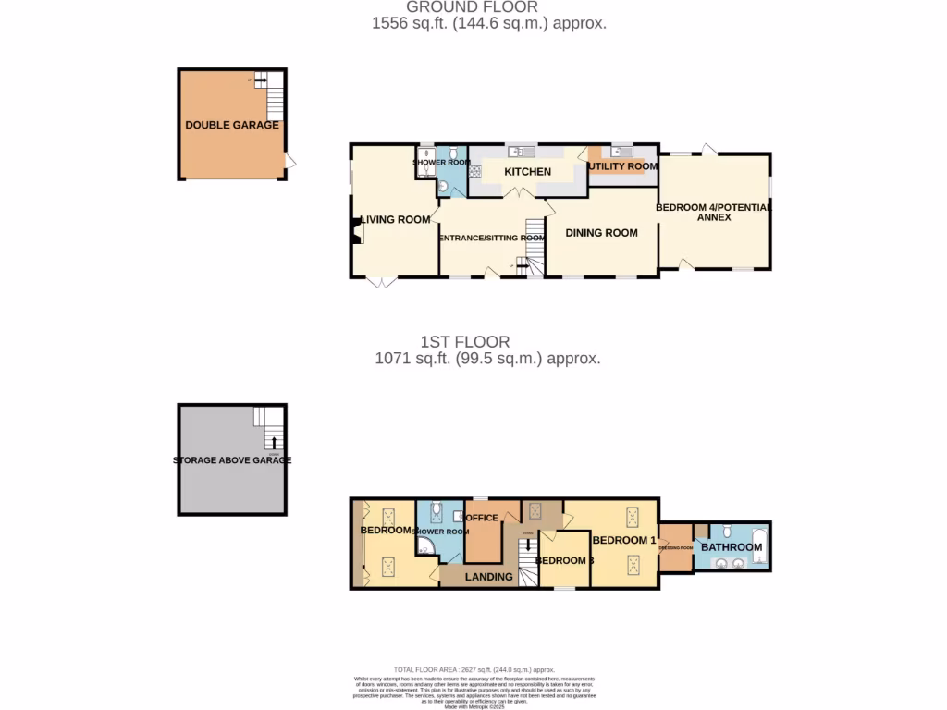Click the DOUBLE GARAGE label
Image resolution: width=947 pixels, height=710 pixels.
point(232,125)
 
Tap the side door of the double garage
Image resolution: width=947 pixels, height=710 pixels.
point(290,162)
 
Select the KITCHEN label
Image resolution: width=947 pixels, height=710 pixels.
point(527,172)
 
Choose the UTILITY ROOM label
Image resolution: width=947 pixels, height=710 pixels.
point(623,166)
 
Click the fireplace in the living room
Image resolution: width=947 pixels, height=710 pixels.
point(356,231)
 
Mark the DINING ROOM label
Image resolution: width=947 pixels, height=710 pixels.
point(602,233)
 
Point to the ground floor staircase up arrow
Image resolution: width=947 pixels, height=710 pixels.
point(521,265)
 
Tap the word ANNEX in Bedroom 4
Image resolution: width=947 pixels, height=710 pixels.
point(714,218)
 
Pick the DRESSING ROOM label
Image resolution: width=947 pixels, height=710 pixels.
point(675,548)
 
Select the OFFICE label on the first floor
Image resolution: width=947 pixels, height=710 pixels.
point(483,518)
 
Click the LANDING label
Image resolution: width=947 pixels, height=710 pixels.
point(488,577)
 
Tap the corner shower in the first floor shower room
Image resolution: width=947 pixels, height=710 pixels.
point(425,548)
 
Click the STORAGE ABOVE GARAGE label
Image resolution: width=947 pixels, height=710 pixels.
point(232,460)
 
